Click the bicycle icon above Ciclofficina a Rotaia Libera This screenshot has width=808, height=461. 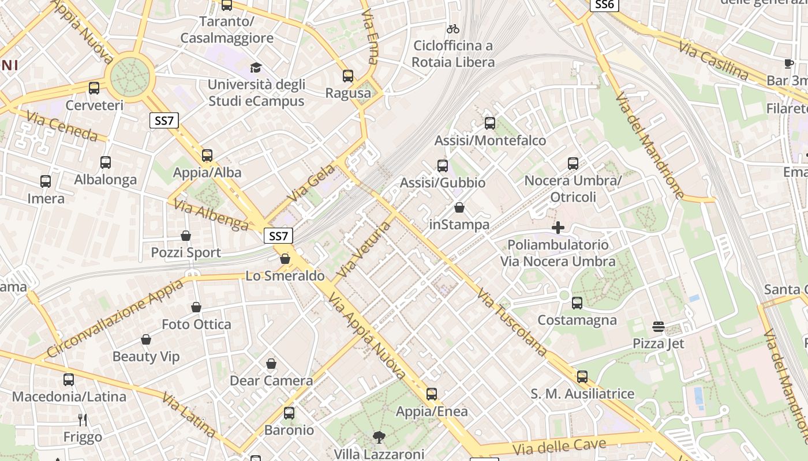(453, 29)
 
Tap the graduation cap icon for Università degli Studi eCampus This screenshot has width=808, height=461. (256, 68)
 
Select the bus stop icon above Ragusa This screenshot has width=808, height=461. (348, 76)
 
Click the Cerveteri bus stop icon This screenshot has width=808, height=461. (94, 88)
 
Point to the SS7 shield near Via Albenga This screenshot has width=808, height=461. (278, 236)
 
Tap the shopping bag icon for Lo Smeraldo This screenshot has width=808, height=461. (285, 259)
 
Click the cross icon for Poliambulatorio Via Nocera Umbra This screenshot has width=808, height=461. (558, 228)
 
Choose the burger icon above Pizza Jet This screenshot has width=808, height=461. (659, 327)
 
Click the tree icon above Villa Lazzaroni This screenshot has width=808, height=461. (379, 437)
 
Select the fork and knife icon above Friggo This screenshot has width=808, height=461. (83, 420)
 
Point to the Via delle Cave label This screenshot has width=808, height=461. (559, 447)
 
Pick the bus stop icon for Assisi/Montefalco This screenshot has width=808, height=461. (490, 123)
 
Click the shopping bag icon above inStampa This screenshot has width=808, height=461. (459, 207)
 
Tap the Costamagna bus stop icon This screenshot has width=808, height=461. (577, 303)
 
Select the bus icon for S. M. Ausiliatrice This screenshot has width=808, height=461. (582, 377)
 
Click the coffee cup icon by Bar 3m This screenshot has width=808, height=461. (789, 63)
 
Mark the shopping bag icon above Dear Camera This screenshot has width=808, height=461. (271, 364)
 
